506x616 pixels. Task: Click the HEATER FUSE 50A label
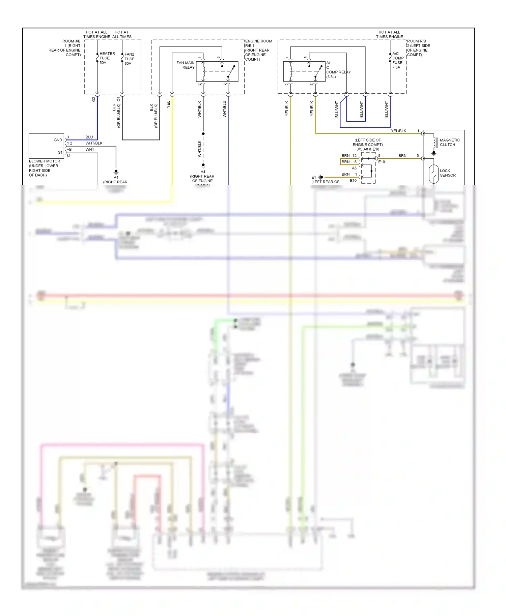(107, 58)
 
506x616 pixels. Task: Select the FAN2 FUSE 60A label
(129, 59)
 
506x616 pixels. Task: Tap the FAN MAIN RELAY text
(186, 65)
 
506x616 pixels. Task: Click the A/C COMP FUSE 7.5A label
(398, 60)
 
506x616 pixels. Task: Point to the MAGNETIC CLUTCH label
(449, 142)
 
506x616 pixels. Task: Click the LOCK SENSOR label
(447, 173)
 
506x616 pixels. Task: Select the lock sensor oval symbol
(433, 174)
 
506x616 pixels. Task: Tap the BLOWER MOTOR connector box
(46, 146)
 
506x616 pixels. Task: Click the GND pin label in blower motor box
(58, 140)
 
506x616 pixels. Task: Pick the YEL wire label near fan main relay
(168, 104)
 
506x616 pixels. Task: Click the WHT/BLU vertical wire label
(225, 109)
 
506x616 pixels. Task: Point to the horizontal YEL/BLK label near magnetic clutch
(398, 131)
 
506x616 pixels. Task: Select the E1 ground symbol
(321, 177)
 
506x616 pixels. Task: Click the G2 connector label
(94, 99)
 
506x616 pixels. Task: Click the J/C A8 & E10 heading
(368, 149)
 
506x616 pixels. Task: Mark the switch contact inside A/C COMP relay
(318, 71)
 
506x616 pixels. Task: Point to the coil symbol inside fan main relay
(204, 71)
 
